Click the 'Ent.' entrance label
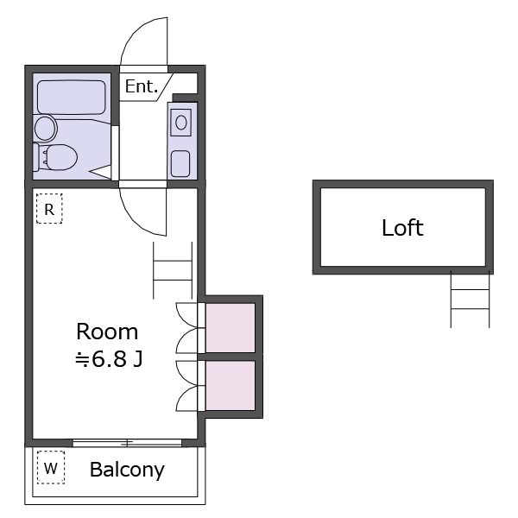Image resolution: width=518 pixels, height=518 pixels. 142,86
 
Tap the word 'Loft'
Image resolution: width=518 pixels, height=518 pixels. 402,228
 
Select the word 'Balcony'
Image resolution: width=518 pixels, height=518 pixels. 127,470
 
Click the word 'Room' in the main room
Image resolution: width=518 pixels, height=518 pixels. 107,332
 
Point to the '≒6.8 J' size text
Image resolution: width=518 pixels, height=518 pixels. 109,359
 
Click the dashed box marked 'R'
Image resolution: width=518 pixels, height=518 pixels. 49,209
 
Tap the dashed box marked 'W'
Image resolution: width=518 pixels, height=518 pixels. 51,467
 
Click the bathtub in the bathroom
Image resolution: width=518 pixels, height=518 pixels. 72,97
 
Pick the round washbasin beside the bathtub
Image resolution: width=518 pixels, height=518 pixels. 46,128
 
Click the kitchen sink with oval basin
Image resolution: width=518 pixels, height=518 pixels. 181,123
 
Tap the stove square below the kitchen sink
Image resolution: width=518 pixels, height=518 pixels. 180,163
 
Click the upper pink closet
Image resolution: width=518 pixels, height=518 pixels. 231,328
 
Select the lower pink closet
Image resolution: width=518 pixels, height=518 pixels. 231,386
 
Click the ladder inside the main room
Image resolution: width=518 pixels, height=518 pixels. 173,270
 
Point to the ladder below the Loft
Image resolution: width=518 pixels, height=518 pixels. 470,300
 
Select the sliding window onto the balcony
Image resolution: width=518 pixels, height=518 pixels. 127,443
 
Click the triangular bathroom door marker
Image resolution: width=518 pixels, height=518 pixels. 101,172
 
